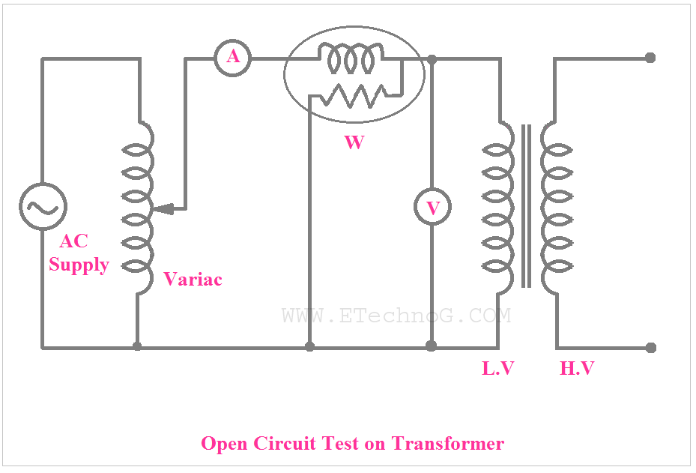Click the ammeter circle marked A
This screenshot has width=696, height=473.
(x=233, y=58)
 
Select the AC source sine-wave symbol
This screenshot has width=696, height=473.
(x=43, y=206)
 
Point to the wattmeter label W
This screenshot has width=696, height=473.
(x=354, y=142)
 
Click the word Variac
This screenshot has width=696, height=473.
(x=193, y=280)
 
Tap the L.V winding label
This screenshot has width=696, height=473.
(x=498, y=368)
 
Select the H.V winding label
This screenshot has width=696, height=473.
(x=578, y=368)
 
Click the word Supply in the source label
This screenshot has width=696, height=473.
(x=79, y=265)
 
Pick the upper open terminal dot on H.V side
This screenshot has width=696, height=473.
(x=650, y=58)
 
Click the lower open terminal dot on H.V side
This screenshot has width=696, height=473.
(x=650, y=347)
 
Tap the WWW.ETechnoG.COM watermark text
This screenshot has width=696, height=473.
(x=396, y=316)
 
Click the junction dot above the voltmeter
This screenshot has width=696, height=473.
(x=432, y=58)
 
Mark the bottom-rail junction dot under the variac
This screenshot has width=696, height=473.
(x=137, y=346)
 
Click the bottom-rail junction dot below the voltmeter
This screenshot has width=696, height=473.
(x=431, y=346)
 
